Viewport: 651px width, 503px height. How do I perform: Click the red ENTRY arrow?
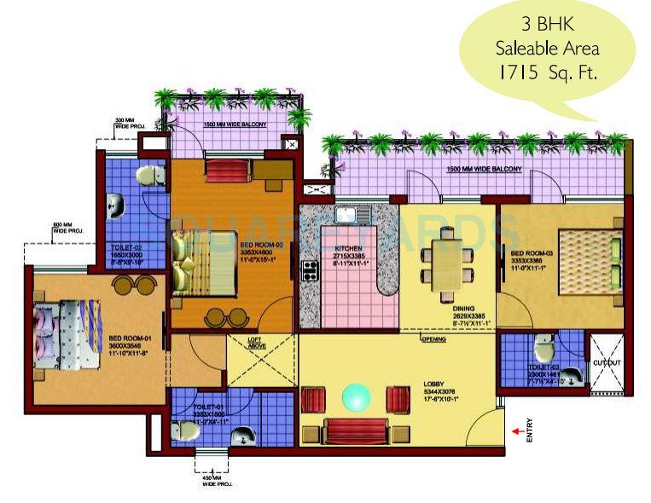click(x=516, y=431)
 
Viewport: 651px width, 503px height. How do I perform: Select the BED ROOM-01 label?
click(x=126, y=340)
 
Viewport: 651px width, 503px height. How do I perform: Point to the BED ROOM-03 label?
click(x=530, y=253)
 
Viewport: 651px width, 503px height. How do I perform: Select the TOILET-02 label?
click(x=126, y=247)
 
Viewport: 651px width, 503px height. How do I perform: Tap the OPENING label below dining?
click(x=433, y=339)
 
